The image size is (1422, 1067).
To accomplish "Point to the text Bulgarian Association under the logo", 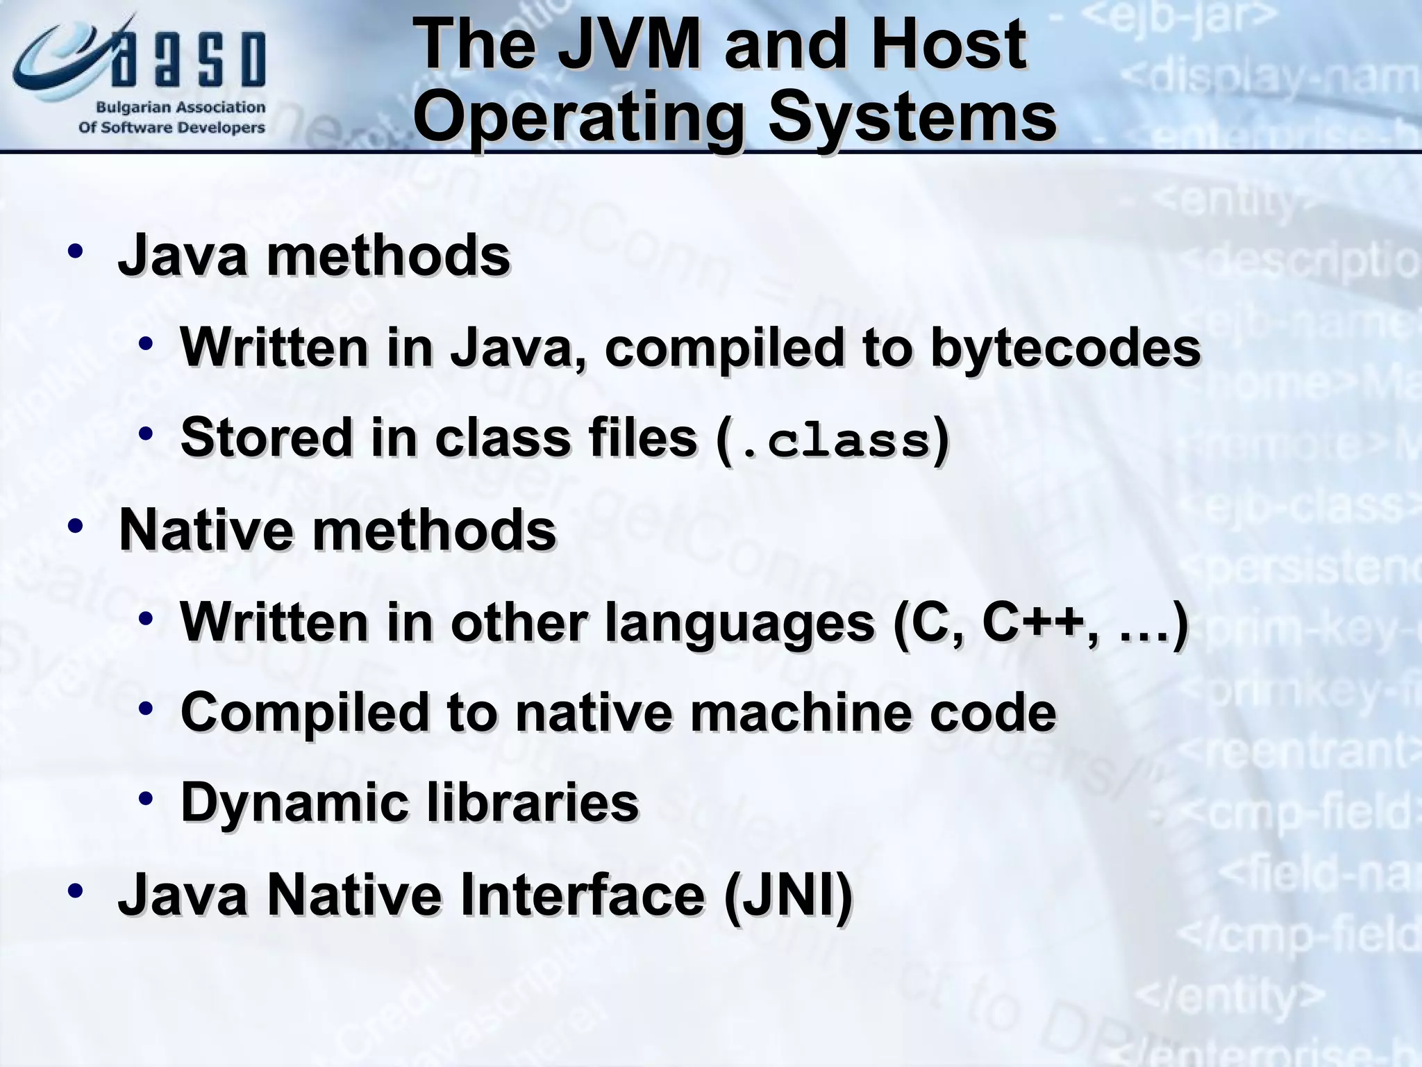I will coord(181,108).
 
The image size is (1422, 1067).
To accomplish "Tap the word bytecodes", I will coord(1065,347).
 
